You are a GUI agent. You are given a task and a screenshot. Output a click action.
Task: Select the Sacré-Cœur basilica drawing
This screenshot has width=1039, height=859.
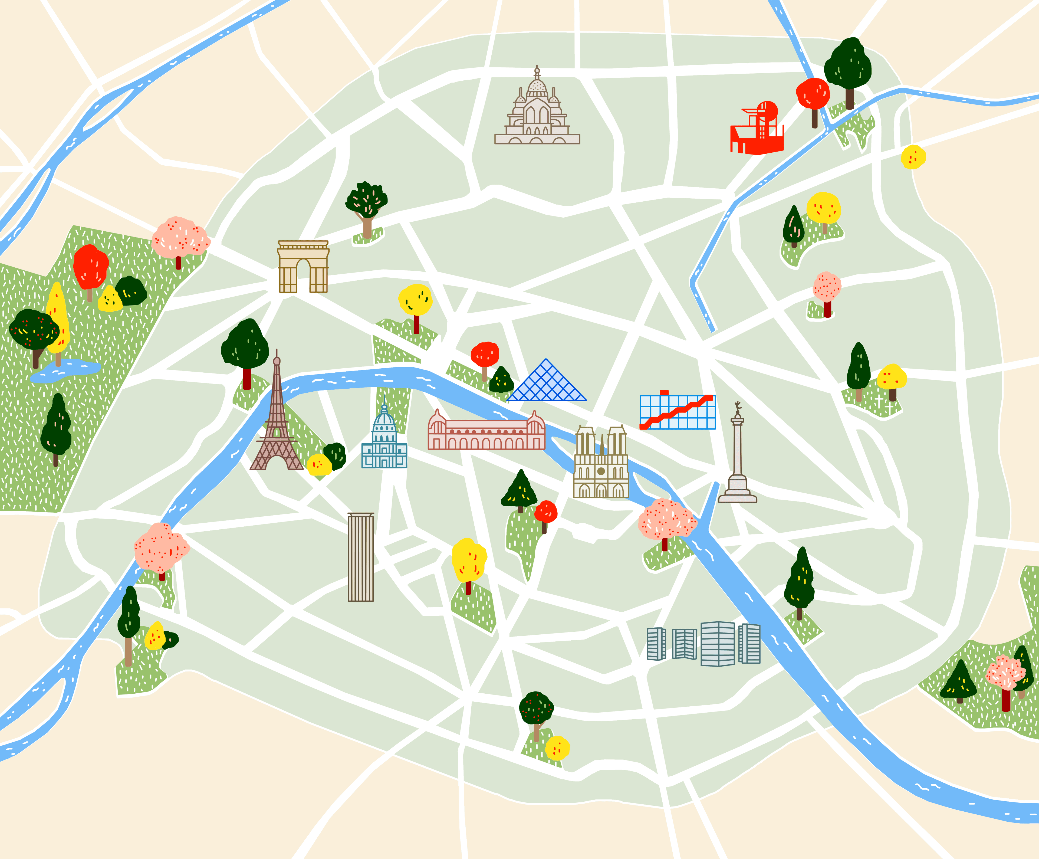[x=537, y=111]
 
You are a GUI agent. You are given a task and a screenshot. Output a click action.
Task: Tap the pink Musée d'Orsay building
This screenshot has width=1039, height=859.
[x=486, y=432]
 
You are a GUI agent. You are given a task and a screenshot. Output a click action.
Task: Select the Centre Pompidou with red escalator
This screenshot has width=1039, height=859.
[x=677, y=412]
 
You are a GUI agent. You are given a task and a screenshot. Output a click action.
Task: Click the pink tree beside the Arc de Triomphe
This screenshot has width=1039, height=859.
[x=180, y=238]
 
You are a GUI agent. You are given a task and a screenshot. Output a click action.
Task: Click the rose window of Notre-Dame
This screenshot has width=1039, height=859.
[x=601, y=471]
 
